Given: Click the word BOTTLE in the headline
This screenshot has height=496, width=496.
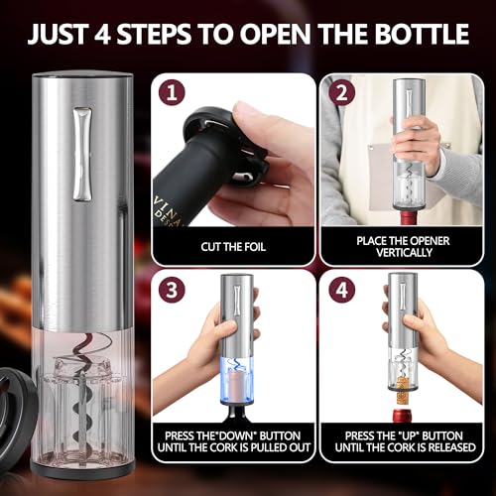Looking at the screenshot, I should coord(415,33).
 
